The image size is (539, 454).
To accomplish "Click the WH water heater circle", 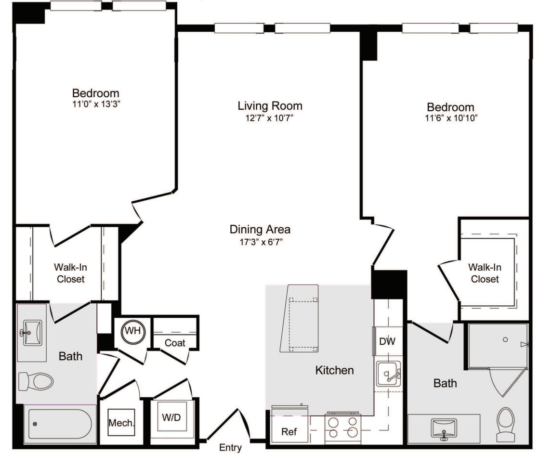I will pos(131,331).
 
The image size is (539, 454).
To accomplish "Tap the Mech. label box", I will pos(121,423).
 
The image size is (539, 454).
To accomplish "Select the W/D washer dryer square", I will pos(171,417).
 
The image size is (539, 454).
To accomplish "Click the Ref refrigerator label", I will pos(289,431).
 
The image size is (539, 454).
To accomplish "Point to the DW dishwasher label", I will pos(387,341).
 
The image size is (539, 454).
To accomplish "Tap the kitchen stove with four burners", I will pos(343,427).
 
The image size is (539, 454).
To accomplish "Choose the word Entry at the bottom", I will pos(230,447).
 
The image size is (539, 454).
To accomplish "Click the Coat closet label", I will pos(175,343).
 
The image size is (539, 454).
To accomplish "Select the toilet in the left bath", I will pos(36,381).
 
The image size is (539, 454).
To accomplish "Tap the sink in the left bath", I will pos(32,332).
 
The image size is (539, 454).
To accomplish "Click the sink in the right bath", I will pos(444,428).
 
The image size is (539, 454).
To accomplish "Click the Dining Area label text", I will pos(260,230).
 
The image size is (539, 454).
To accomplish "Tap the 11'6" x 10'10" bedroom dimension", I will pos(450,118).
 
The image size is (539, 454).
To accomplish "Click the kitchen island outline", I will pos(300,318).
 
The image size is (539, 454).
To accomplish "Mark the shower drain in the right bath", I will pos(505,339).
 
